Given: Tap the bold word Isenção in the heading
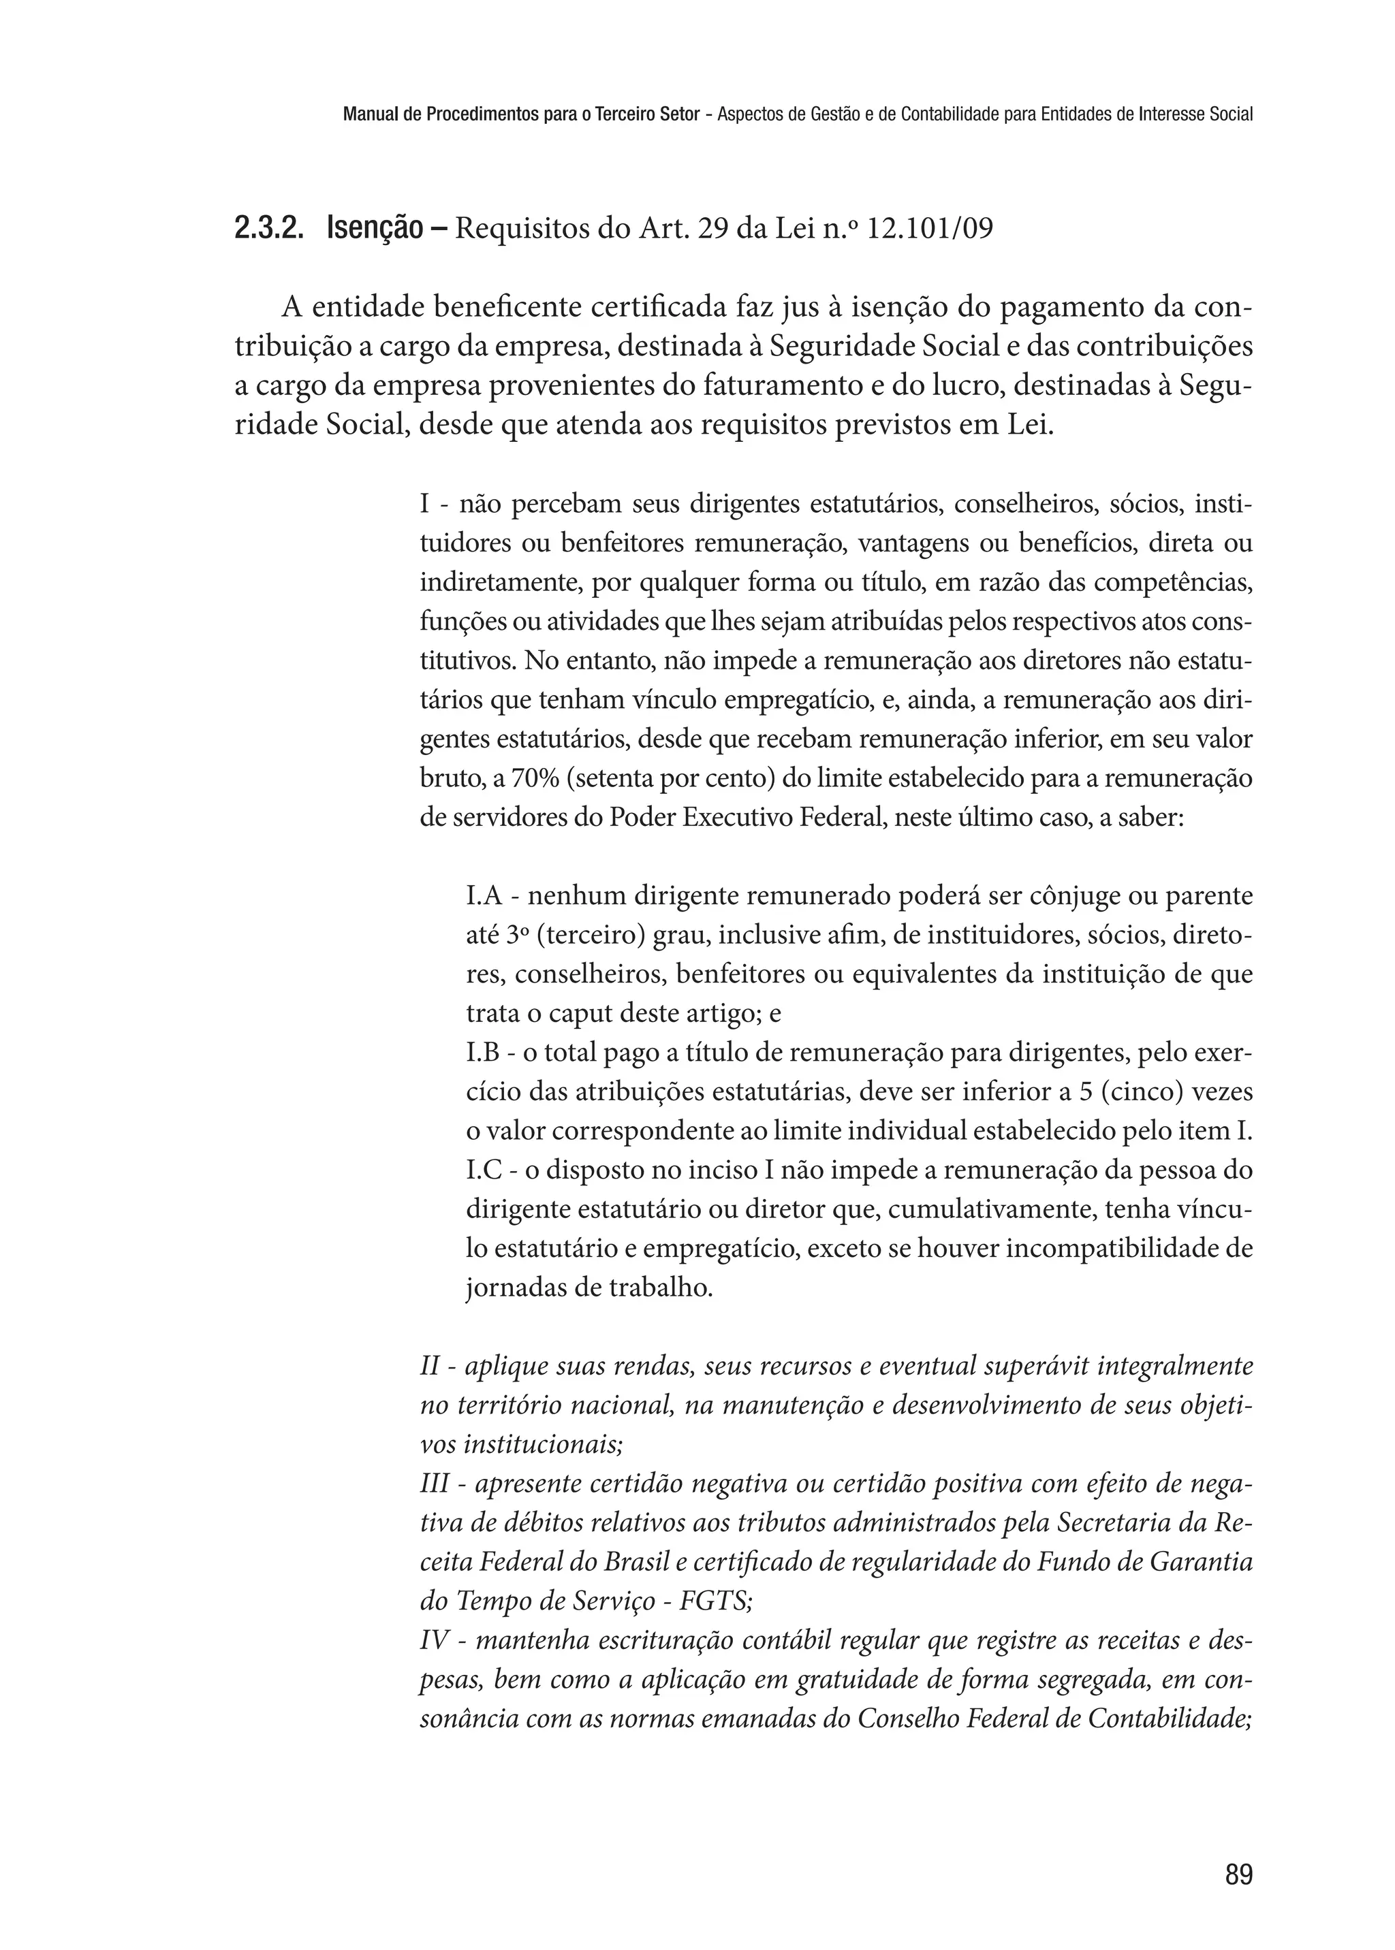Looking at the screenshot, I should (x=375, y=229).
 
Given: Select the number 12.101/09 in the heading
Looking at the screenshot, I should (x=931, y=229).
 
